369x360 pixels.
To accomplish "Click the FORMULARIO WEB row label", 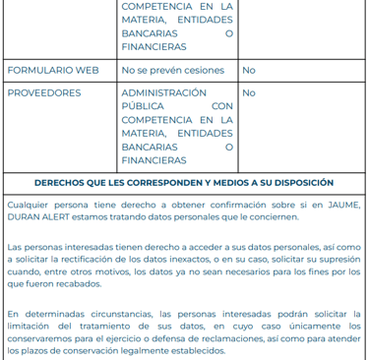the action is click(53, 70).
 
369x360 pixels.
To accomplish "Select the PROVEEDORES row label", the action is click(44, 92).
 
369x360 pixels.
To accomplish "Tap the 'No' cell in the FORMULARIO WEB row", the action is click(249, 70).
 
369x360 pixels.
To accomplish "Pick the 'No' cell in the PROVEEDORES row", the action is click(249, 92).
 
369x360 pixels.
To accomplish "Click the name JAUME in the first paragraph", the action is click(340, 205).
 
